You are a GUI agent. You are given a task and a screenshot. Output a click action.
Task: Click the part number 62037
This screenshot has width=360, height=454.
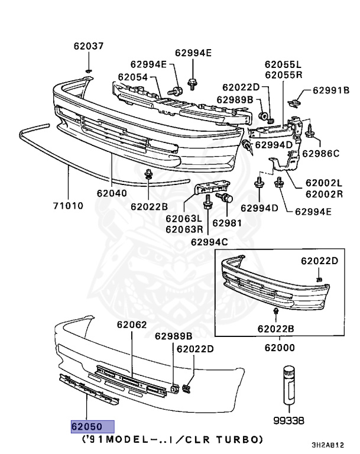coord(88,46)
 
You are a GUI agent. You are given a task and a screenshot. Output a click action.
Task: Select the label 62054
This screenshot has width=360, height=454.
coord(132,76)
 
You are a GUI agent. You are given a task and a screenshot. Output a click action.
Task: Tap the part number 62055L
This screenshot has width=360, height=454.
coord(283,64)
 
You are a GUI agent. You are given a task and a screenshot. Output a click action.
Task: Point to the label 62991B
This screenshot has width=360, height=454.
coord(331,90)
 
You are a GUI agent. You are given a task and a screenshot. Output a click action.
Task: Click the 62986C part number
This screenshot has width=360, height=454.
coord(320,154)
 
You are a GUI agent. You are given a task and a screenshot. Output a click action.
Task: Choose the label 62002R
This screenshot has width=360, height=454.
coord(324,193)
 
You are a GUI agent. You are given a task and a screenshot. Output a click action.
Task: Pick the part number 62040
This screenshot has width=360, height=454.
coord(111,192)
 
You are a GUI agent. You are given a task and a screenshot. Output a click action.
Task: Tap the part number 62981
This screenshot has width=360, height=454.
coord(227,223)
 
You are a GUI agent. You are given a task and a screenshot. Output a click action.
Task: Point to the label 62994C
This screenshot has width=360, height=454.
coord(209,241)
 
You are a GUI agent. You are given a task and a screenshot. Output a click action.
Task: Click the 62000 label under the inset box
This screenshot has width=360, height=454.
coord(280,349)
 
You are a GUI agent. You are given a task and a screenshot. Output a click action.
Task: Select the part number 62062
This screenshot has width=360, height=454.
coord(131,325)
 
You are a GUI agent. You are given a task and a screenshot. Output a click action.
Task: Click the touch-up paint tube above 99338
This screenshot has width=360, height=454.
coord(290,385)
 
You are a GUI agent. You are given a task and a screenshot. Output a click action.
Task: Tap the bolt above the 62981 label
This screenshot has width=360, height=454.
coord(224,197)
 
